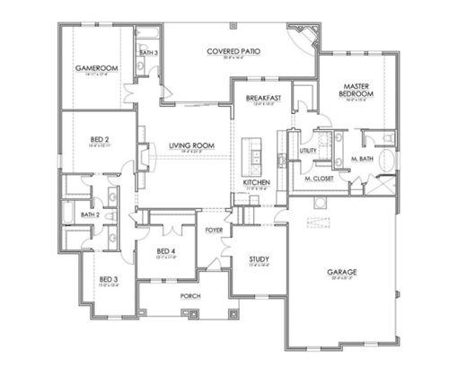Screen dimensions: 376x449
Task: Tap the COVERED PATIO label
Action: tap(233, 52)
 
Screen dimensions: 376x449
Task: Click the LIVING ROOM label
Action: tap(190, 145)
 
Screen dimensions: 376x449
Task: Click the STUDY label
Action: tap(260, 260)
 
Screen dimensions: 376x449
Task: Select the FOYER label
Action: tap(214, 230)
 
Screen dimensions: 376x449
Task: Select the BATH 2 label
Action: tap(88, 214)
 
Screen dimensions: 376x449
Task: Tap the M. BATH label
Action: tap(362, 159)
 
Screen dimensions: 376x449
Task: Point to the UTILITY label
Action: tap(309, 150)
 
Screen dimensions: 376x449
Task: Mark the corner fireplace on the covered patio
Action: tap(306, 37)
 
